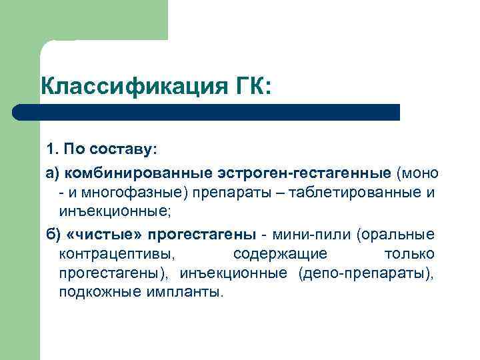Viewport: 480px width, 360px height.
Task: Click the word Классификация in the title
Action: pos(130,87)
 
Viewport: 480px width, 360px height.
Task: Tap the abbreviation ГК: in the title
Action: pos(249,87)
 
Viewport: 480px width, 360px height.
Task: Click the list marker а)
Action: pos(53,174)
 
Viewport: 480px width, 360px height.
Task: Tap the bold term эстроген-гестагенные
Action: pos(305,174)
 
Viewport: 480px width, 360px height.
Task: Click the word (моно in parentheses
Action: pos(417,174)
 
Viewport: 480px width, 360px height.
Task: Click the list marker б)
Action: pos(53,234)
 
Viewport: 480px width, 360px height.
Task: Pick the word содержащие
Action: pos(281,254)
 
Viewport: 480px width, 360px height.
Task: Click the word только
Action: pos(409,254)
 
